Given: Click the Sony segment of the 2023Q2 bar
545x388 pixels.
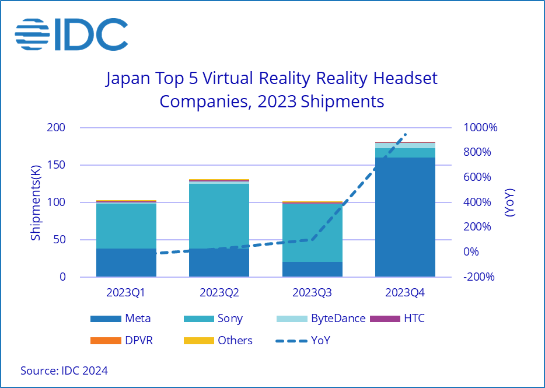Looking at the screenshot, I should coord(219,216).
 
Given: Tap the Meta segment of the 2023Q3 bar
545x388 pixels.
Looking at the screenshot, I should coord(312,269).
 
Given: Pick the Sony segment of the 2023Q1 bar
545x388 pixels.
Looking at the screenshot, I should coord(126,226).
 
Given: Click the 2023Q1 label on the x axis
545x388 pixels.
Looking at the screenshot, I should coord(126,291).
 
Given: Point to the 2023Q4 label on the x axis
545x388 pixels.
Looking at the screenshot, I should coord(405,291).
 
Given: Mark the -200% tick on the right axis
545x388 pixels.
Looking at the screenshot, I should coord(478,277).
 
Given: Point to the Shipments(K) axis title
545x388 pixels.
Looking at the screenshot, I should coord(36,202).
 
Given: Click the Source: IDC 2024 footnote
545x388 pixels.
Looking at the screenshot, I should coord(64,370).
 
